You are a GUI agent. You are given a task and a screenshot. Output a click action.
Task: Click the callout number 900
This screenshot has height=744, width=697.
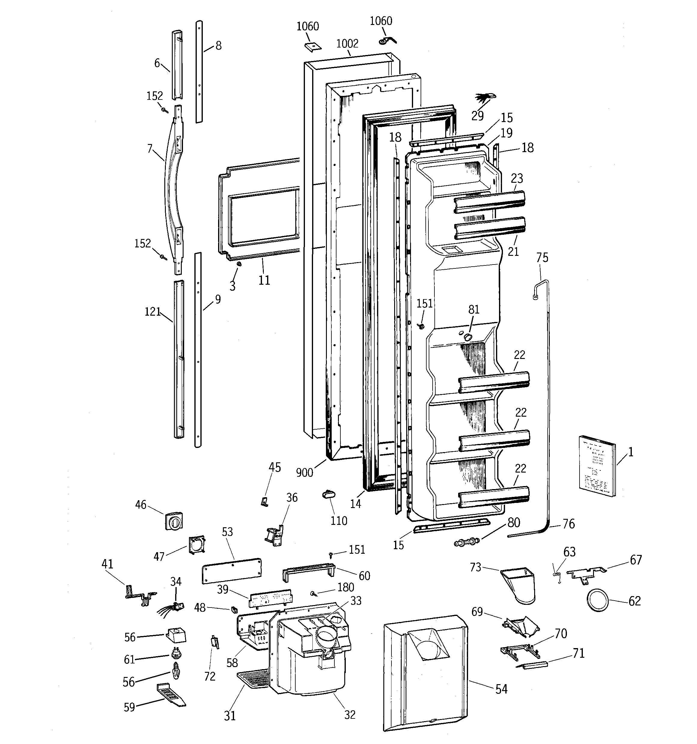pos(304,473)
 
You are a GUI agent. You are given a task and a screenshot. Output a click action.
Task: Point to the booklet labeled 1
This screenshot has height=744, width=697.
pos(597,466)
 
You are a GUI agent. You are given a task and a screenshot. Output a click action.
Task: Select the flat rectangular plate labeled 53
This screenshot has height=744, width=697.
pos(232,571)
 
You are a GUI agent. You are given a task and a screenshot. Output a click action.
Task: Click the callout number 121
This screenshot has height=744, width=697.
pos(153,312)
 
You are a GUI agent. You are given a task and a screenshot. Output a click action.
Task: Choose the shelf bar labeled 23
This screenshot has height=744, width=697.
pos(489,202)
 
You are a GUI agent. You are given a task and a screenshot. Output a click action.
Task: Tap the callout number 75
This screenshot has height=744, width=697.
pos(542,258)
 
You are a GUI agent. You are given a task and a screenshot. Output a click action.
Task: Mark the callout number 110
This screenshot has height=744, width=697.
pos(339,521)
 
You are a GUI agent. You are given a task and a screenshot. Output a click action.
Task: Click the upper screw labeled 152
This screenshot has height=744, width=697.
pos(164,110)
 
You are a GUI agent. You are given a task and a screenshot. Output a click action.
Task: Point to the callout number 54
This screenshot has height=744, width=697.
pos(501,689)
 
